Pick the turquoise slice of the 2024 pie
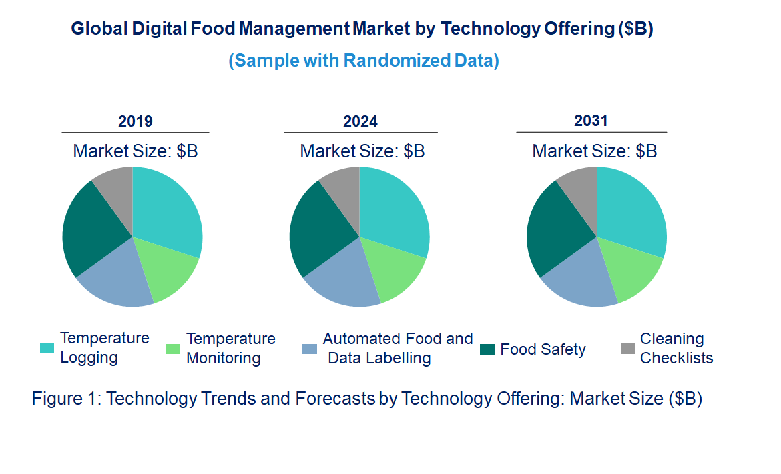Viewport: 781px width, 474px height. click(395, 210)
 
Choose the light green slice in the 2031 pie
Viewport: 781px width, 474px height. click(631, 270)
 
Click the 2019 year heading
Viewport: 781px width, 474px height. click(136, 121)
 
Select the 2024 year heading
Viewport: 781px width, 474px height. click(360, 121)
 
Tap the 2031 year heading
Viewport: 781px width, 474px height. click(591, 121)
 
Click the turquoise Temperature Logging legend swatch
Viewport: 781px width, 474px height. click(47, 348)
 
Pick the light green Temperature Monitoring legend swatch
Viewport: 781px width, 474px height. click(173, 349)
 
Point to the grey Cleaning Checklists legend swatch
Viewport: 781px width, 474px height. click(628, 349)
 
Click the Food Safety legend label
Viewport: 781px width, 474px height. click(543, 349)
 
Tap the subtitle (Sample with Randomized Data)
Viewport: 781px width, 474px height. click(364, 61)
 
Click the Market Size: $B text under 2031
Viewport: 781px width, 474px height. click(594, 151)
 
